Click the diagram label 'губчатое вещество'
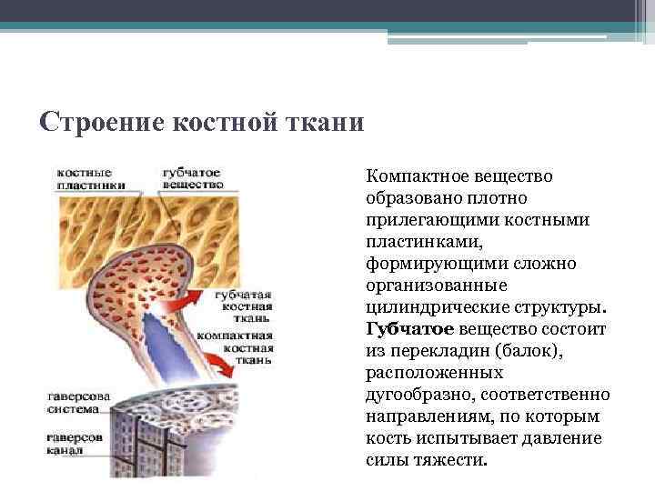click(192, 177)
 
